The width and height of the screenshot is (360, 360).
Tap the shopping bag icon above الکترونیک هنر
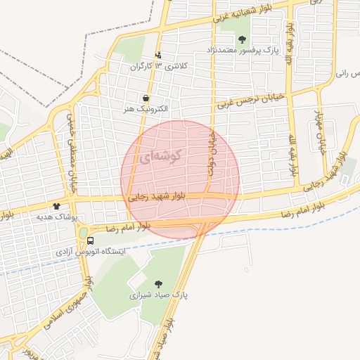pyautogui.click(x=145, y=98)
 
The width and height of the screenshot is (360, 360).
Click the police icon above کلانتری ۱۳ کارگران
pyautogui.click(x=158, y=55)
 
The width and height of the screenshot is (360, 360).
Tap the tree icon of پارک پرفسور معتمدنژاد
pyautogui.click(x=243, y=39)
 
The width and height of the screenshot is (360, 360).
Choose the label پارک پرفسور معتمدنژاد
pyautogui.click(x=243, y=51)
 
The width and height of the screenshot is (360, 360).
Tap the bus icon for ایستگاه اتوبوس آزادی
pyautogui.click(x=90, y=239)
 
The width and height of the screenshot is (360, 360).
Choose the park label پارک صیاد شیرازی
pyautogui.click(x=150, y=295)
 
